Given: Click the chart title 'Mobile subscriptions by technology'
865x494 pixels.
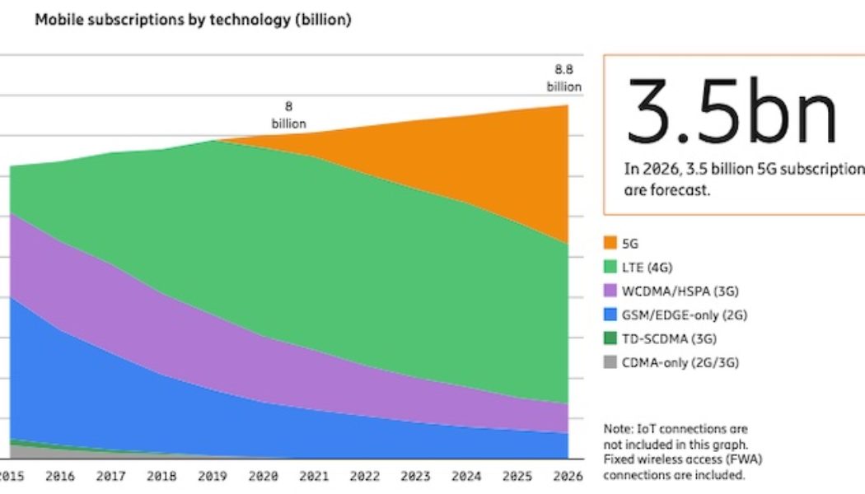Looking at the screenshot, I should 193,21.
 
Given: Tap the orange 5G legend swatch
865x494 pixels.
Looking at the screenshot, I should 610,243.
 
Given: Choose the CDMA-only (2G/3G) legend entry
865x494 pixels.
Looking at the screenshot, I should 666,362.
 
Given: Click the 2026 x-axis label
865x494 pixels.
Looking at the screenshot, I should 568,476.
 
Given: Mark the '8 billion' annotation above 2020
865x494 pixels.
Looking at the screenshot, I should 288,115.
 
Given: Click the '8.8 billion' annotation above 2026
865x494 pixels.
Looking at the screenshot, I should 563,78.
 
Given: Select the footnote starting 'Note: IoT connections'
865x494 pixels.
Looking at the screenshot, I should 675,452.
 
